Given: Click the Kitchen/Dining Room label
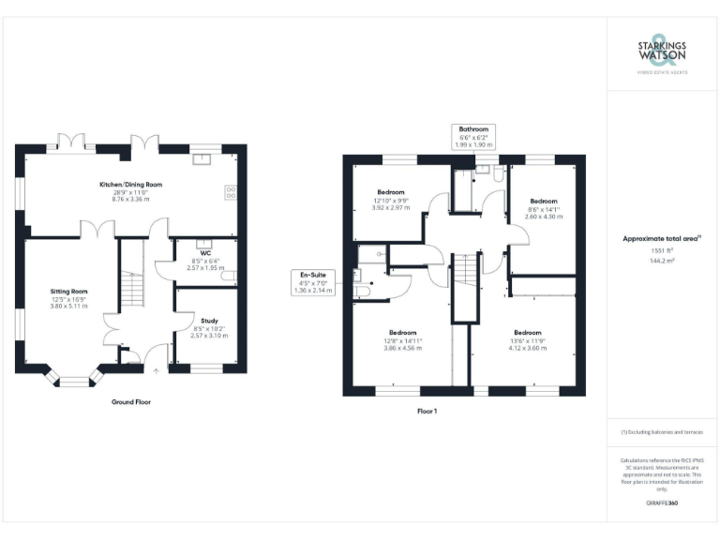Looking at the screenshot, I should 131,185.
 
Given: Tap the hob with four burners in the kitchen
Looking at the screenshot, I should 231,193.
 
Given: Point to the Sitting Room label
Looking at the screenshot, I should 69,292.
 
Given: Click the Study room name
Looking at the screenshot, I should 209,321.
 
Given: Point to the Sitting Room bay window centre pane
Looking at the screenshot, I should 71,381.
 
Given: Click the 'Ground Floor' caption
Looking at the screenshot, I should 130,401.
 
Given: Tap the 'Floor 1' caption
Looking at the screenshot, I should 427,411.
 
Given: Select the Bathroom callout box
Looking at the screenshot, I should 472,136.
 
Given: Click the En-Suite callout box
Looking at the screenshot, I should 314,282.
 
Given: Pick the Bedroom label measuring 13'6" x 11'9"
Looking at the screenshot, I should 527,332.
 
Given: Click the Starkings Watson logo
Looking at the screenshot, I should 663,56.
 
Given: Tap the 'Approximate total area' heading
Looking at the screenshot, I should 662,239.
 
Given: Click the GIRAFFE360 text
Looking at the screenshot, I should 662,504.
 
